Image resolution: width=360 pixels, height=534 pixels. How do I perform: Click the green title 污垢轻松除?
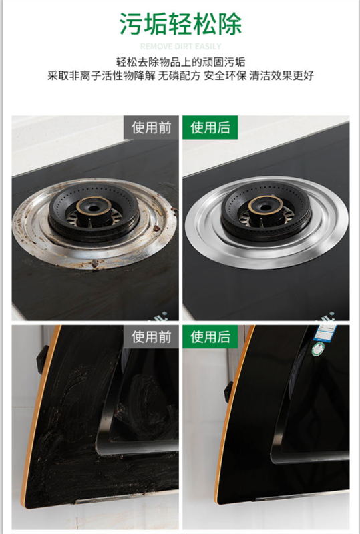click(180, 24)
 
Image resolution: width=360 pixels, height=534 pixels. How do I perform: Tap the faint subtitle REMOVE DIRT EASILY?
click(180, 46)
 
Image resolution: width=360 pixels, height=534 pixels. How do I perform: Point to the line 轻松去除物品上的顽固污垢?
click(180, 62)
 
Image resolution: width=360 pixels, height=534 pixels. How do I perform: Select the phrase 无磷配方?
click(178, 76)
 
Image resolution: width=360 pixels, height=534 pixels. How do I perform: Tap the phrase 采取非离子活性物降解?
click(100, 76)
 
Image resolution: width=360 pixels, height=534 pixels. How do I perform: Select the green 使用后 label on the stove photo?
click(210, 127)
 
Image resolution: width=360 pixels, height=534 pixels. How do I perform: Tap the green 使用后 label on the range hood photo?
click(210, 337)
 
